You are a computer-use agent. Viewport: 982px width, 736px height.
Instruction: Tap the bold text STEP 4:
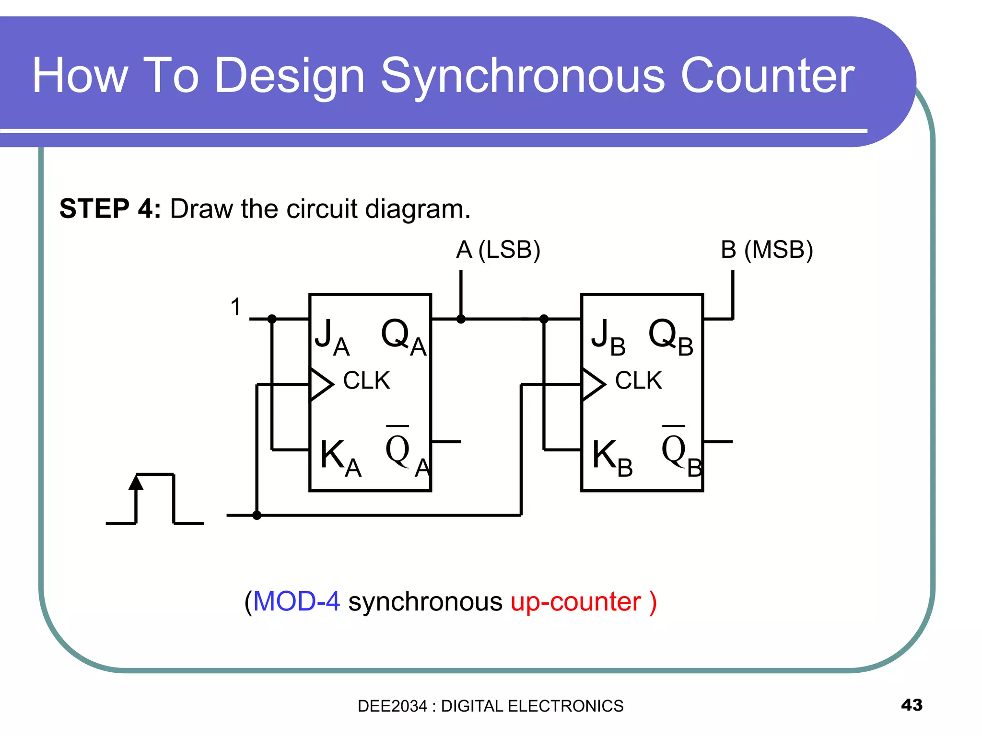(x=110, y=209)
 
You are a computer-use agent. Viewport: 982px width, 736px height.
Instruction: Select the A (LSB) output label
(x=498, y=250)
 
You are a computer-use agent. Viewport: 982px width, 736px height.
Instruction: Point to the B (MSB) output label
(x=766, y=250)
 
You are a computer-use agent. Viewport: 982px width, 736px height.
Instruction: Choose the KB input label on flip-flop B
(x=612, y=458)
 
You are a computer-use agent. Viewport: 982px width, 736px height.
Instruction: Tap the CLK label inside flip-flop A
(x=366, y=381)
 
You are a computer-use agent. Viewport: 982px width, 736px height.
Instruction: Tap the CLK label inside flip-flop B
(x=638, y=381)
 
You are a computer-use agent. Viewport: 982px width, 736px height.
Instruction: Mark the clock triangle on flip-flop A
(x=320, y=384)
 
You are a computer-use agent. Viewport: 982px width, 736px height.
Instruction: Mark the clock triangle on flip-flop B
(x=592, y=384)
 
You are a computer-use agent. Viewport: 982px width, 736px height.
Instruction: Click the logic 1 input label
(x=235, y=307)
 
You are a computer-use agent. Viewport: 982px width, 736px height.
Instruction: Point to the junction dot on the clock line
(x=257, y=515)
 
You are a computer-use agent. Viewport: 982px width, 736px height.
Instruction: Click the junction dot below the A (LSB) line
(x=461, y=319)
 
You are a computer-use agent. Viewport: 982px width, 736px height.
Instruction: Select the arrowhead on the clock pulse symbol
(x=136, y=483)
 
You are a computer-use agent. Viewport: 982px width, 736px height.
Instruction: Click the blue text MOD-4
(x=296, y=601)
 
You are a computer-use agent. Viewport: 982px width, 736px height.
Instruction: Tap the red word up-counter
(x=575, y=602)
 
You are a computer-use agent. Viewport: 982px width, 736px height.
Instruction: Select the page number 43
(x=912, y=705)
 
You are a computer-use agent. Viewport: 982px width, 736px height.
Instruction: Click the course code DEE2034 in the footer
(x=392, y=706)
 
